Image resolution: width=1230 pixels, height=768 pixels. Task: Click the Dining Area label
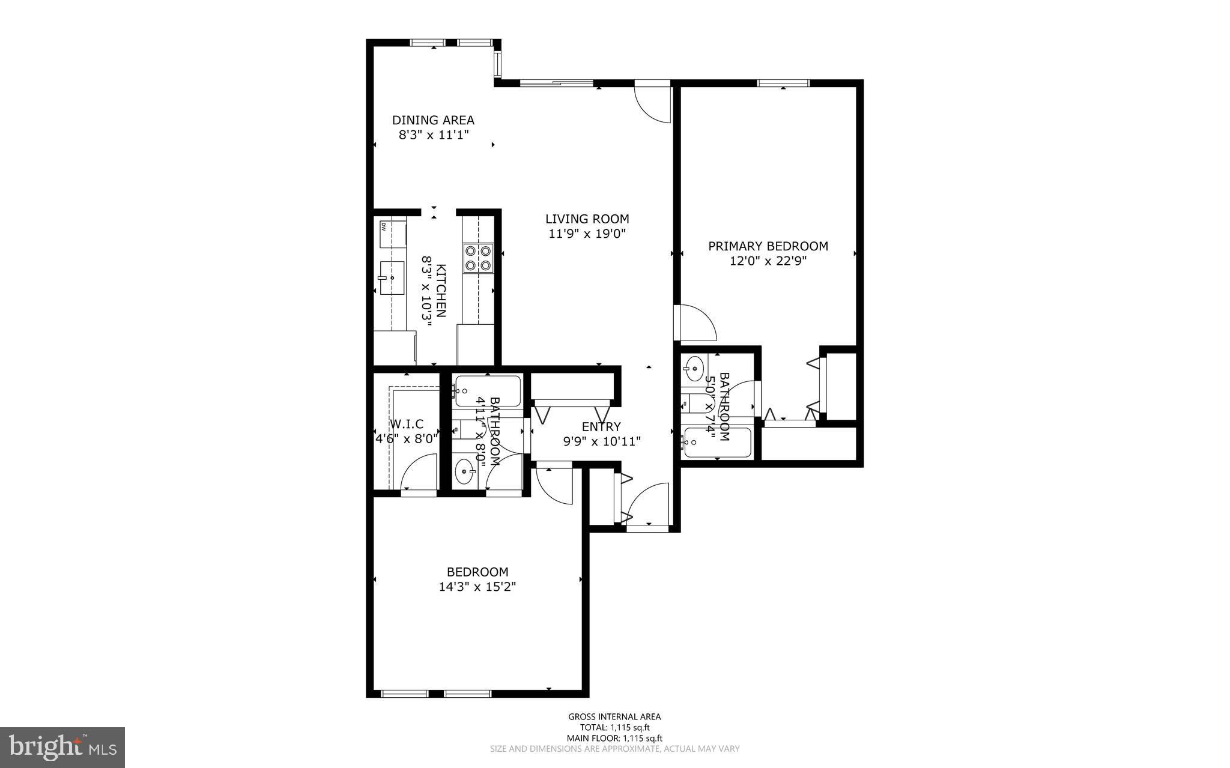coord(433,120)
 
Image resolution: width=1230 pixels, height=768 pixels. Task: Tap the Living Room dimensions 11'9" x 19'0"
coord(587,234)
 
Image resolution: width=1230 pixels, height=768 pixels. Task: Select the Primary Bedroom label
coord(768,246)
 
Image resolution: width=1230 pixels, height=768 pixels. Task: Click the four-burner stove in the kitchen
coord(478,258)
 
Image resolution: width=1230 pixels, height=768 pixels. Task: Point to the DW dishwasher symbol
coord(385,227)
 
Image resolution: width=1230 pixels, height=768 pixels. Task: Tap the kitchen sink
coord(391,278)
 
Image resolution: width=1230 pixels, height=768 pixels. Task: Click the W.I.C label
coord(407,425)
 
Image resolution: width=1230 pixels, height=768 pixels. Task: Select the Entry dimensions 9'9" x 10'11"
coord(601,442)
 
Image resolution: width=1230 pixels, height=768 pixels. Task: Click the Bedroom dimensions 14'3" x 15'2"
coord(477,587)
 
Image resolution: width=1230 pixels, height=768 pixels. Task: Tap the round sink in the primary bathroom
coord(695,364)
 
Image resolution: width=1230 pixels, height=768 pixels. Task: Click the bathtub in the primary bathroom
coord(717,443)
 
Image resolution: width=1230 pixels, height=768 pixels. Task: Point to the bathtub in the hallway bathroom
coord(487,390)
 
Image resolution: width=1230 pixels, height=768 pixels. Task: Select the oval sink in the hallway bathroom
coord(464,472)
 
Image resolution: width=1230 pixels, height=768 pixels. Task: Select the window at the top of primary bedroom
coord(783,83)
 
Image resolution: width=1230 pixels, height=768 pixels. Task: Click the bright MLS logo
coord(62,747)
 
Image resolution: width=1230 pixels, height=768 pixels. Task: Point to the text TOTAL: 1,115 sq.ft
coord(614,727)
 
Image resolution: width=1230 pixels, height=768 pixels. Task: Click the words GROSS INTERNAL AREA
coord(614,716)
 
